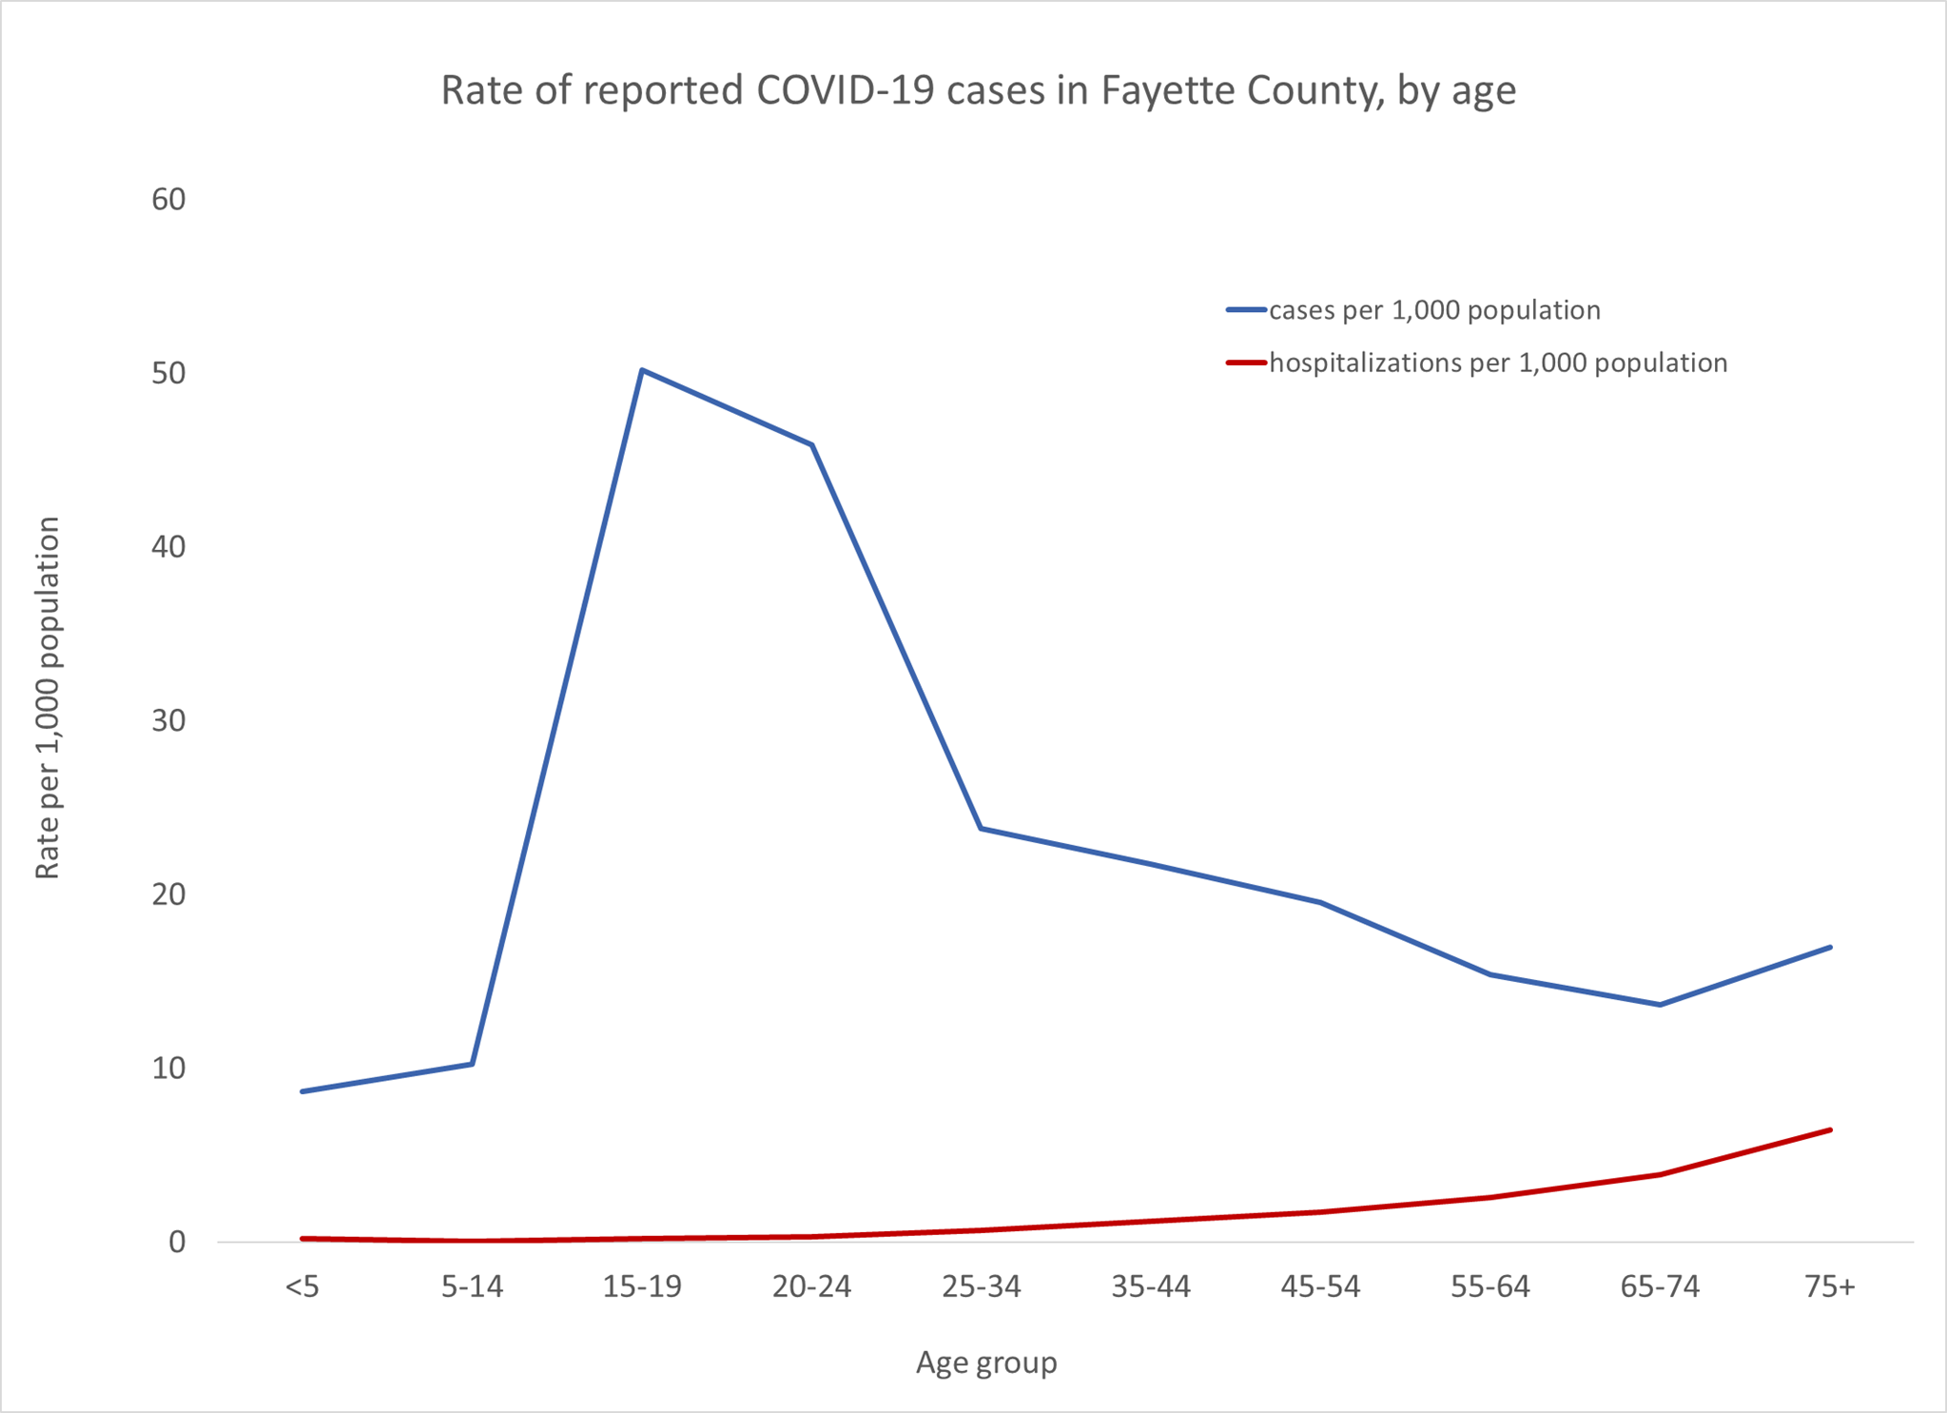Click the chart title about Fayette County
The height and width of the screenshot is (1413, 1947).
point(978,91)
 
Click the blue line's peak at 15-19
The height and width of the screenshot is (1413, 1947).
point(642,369)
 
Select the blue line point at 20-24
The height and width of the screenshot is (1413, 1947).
point(812,444)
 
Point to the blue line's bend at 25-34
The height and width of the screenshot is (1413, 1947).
point(981,828)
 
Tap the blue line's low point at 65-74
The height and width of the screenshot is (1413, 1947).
point(1660,1005)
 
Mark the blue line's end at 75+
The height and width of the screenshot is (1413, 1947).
point(1830,947)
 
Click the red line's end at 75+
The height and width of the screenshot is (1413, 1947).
point(1830,1129)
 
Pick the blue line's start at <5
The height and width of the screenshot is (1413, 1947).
point(302,1091)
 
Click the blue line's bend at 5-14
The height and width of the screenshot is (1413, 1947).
point(472,1064)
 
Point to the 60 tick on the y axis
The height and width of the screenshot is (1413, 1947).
point(168,199)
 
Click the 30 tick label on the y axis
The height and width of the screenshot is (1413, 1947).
point(168,720)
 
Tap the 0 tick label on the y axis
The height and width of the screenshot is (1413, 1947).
point(177,1242)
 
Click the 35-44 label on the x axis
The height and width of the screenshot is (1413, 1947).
point(1151,1287)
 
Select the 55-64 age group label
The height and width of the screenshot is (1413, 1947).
point(1490,1287)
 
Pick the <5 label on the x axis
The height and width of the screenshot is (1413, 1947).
point(302,1287)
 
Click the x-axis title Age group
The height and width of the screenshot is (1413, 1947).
point(986,1363)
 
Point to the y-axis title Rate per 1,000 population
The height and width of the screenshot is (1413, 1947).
point(48,697)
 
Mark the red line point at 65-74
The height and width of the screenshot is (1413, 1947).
point(1660,1174)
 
